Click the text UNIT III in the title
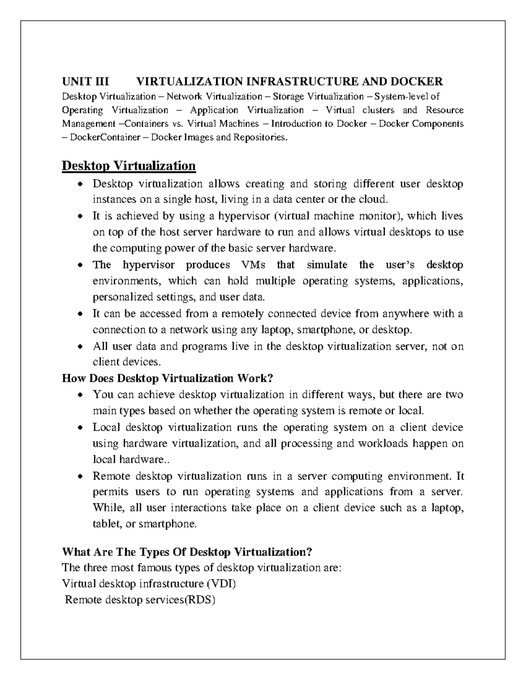(85, 81)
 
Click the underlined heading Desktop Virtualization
(128, 166)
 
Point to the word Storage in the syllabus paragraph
(288, 96)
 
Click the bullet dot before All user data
(80, 347)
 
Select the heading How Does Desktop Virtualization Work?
(168, 378)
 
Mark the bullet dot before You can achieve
(80, 395)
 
